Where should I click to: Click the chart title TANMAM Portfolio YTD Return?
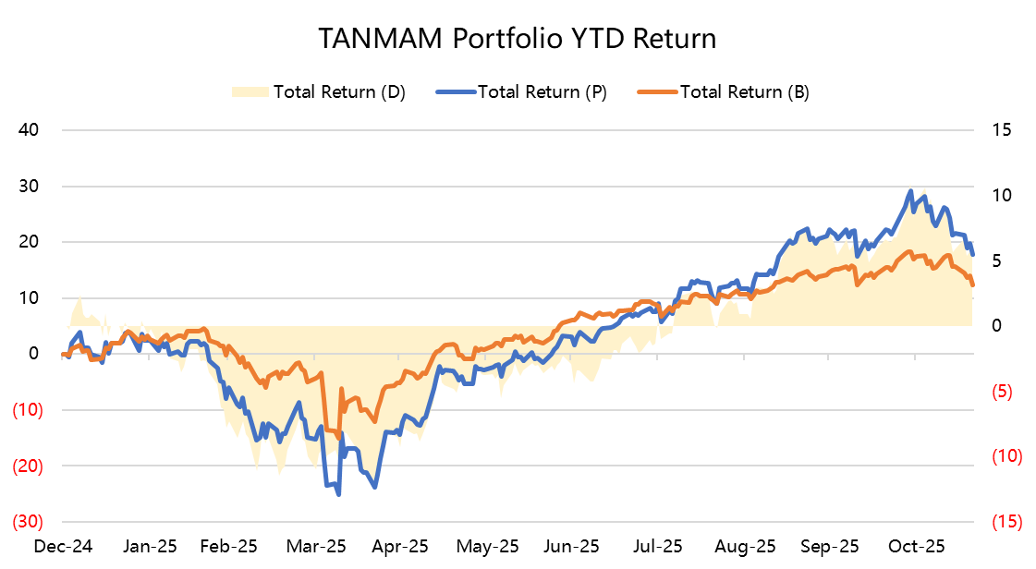518,39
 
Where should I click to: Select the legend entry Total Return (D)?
338,91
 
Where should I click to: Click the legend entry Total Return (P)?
542,91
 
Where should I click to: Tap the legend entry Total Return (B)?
744,91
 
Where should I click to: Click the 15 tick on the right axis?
1002,130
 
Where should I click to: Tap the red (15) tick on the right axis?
1006,522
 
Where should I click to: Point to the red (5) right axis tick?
1004,392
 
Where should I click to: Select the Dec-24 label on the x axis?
60,546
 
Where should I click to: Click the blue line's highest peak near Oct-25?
911,191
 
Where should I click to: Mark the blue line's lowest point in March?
338,494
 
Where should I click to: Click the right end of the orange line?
972,285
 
